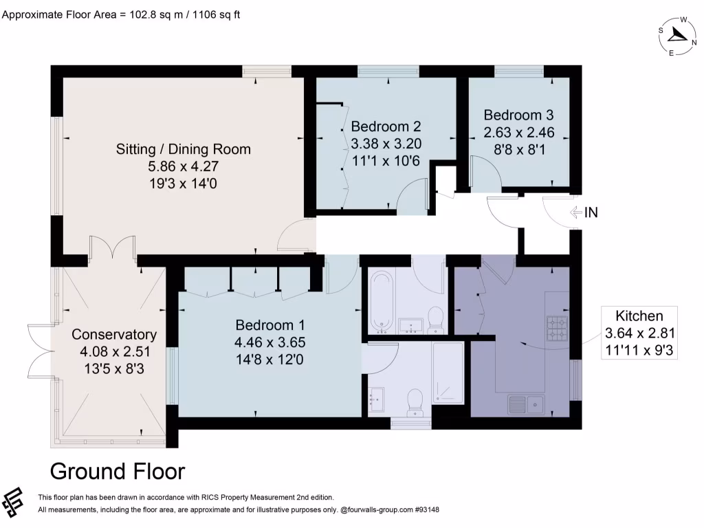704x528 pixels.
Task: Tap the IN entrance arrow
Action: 577,212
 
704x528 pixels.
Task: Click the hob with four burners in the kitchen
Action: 555,329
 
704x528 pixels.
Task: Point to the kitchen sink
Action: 526,404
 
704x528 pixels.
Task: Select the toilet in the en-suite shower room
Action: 415,401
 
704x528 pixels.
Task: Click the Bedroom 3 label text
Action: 518,115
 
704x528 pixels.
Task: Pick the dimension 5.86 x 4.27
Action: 183,166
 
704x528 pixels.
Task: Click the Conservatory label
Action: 114,335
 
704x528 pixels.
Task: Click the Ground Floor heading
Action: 118,472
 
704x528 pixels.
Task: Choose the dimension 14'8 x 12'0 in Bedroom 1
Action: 269,358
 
